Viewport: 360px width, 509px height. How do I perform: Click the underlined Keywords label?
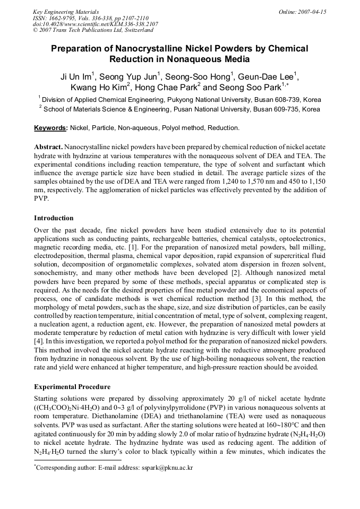50,128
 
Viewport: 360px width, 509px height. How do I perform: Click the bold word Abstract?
48,146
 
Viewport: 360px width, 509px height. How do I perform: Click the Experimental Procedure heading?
72,387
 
